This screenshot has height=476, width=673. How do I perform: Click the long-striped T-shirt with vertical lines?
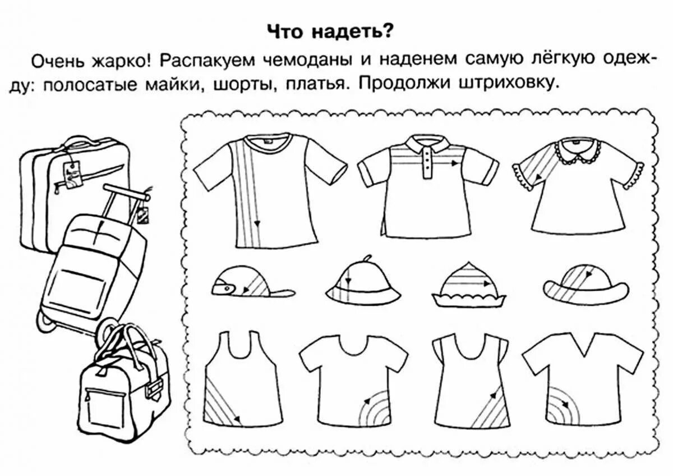tap(269, 191)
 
